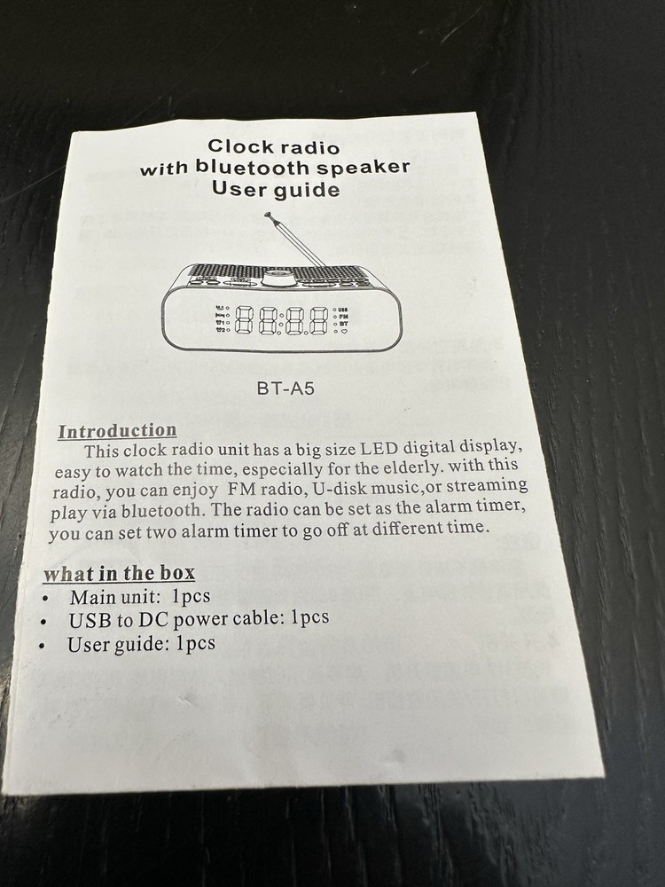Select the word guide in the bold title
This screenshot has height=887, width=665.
pos(308,190)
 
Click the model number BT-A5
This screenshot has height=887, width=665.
pos(285,389)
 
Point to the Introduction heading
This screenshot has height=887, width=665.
pos(118,431)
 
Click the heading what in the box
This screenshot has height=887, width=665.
pos(120,573)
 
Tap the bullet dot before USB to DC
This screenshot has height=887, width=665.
pos(43,622)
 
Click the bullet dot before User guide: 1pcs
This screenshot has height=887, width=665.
pos(42,646)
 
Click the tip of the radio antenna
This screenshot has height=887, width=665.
pos(268,215)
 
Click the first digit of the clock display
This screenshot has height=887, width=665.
pos(244,320)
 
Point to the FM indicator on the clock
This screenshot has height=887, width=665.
pos(344,317)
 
